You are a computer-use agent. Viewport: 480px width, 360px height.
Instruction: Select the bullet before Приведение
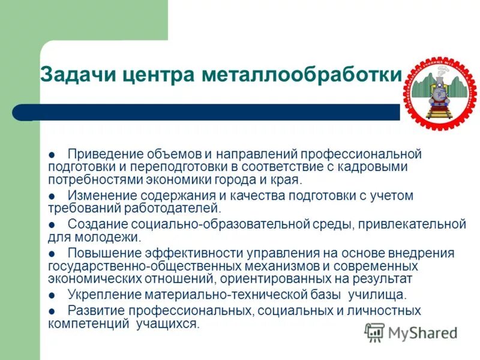click(52, 155)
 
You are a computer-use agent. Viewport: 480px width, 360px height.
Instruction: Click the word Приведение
click(105, 154)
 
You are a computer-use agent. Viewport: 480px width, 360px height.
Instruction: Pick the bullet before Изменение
click(52, 196)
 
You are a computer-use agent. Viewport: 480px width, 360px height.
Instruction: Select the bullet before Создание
click(52, 224)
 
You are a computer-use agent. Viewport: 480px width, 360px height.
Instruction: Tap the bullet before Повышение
click(52, 253)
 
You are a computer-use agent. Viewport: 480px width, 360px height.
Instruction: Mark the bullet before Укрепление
click(52, 295)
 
